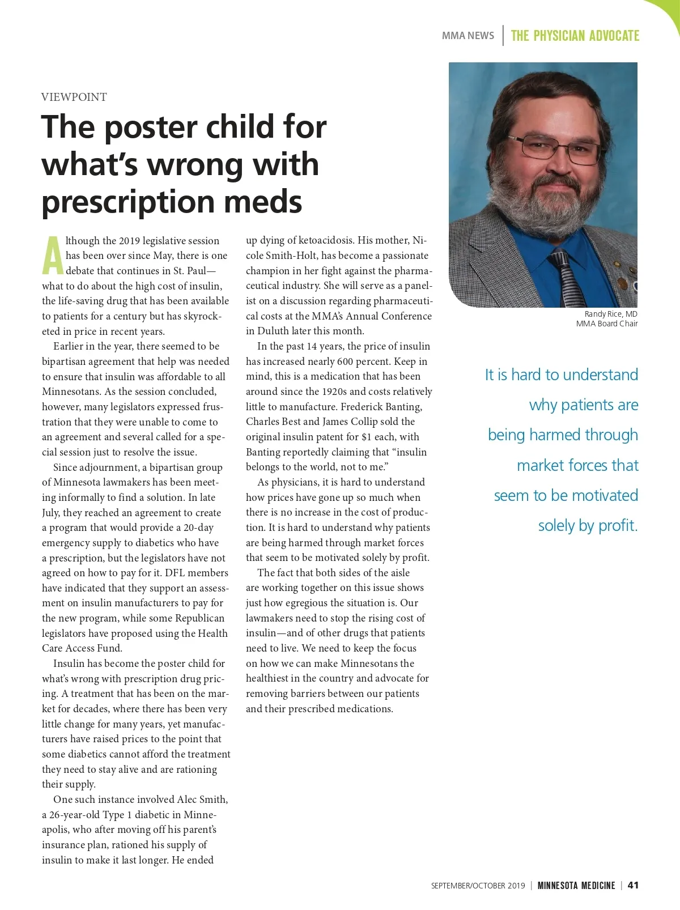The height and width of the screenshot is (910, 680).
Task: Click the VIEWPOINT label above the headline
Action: click(x=74, y=97)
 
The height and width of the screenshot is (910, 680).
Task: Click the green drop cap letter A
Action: click(x=53, y=256)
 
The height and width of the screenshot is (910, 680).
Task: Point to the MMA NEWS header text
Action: click(x=467, y=35)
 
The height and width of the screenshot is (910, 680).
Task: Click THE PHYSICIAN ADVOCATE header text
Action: click(x=575, y=36)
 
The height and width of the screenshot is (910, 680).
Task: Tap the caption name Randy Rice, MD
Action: click(x=610, y=314)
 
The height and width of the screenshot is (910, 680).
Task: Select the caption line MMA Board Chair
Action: click(x=606, y=324)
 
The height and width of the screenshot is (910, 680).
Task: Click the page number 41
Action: click(x=633, y=885)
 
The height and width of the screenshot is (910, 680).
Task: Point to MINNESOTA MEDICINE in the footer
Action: click(x=576, y=886)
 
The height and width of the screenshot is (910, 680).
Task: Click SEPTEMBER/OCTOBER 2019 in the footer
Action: click(x=478, y=886)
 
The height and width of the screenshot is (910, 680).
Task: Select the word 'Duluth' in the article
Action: click(x=273, y=331)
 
